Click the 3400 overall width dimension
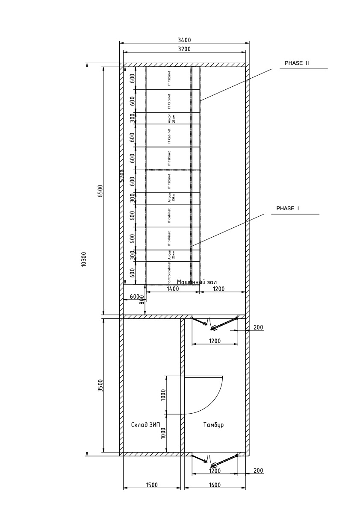pyautogui.click(x=184, y=40)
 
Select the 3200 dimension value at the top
pyautogui.click(x=184, y=49)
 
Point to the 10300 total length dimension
pyautogui.click(x=84, y=259)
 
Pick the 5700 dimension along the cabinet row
pyautogui.click(x=122, y=176)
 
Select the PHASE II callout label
pyautogui.click(x=297, y=63)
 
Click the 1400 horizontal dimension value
pyautogui.click(x=173, y=289)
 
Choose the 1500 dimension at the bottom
pyautogui.click(x=152, y=485)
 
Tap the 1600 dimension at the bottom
pyautogui.click(x=215, y=485)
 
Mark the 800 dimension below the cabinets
pyautogui.click(x=142, y=300)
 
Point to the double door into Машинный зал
pyautogui.click(x=214, y=324)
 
